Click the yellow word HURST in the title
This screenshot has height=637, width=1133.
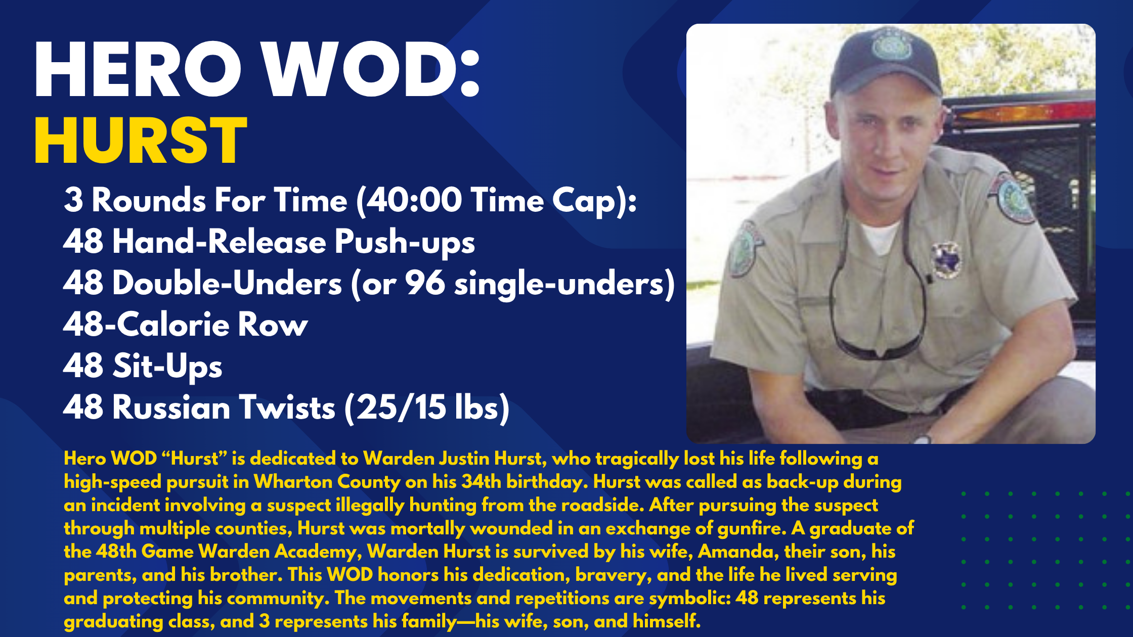point(141,141)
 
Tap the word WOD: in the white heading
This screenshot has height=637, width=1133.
point(372,69)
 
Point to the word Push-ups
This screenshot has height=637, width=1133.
point(404,242)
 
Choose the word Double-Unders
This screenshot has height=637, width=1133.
point(227,283)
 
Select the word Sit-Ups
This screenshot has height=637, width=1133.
point(167,366)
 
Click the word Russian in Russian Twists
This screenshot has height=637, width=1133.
point(172,407)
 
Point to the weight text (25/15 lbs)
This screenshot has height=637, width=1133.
point(427,407)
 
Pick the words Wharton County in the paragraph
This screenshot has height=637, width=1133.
point(327,482)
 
